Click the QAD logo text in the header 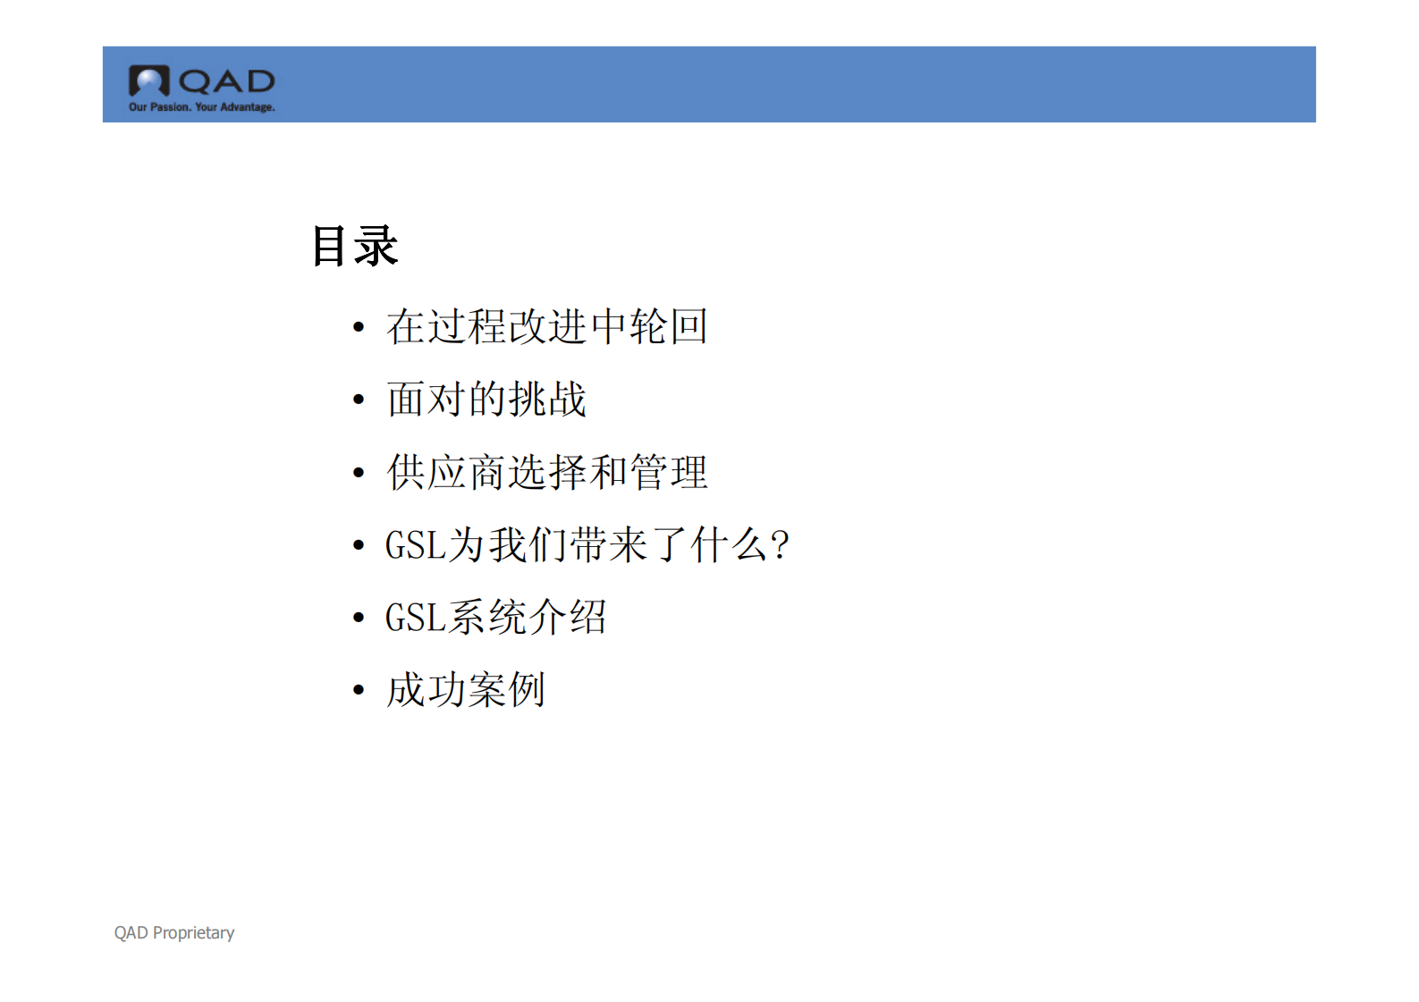(x=226, y=82)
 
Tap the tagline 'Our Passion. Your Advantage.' (x=202, y=107)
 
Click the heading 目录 (x=355, y=246)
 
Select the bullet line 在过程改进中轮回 (x=547, y=326)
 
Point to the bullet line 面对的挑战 (x=486, y=399)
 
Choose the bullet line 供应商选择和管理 (x=547, y=472)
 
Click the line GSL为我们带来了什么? (x=587, y=544)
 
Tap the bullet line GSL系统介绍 (x=496, y=617)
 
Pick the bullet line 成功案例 (x=466, y=690)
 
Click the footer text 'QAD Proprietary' (x=174, y=932)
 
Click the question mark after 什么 (x=780, y=544)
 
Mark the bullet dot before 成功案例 (x=359, y=691)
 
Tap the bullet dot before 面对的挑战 (x=359, y=400)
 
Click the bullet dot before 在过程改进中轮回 (x=359, y=327)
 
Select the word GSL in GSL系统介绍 (x=416, y=618)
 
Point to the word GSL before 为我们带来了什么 (x=416, y=545)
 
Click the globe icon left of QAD (x=148, y=81)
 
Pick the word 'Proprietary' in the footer (x=193, y=932)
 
